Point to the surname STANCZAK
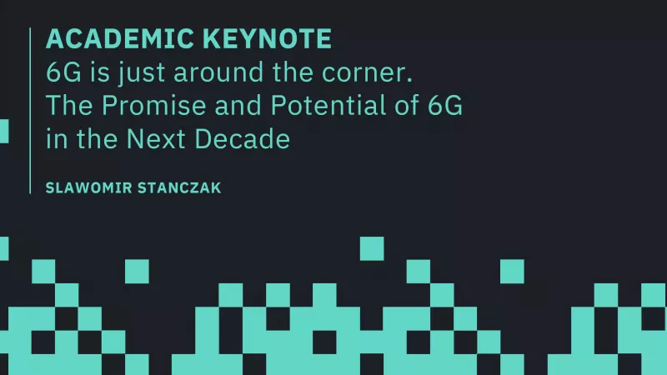coord(184,187)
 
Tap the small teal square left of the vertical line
coord(4,131)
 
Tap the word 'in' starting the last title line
coord(55,139)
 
